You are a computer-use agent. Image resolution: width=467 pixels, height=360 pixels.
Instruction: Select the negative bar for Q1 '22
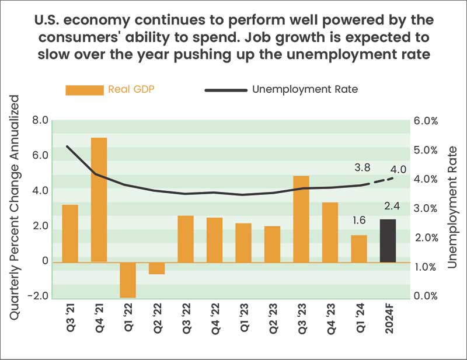tap(128, 280)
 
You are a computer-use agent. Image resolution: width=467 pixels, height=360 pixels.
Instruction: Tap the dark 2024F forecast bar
tap(388, 240)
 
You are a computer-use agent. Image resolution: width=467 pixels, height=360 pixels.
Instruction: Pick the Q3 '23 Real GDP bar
tap(301, 219)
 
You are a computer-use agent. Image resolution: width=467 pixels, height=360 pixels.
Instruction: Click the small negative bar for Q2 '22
tap(156, 268)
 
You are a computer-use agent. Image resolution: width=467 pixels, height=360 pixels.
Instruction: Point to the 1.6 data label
tap(359, 221)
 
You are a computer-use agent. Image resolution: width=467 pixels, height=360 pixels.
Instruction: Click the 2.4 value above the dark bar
tap(388, 205)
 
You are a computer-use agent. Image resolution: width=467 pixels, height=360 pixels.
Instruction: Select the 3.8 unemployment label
tap(363, 168)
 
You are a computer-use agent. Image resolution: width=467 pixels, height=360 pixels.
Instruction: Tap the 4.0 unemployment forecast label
tap(398, 170)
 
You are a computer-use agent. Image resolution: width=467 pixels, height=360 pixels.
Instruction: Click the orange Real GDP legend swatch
tap(84, 90)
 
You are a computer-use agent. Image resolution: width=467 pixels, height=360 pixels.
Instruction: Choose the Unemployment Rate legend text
tap(305, 90)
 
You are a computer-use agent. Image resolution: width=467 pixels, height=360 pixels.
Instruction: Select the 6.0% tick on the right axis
tap(426, 121)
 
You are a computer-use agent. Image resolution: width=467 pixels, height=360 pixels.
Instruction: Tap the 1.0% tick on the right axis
tap(426, 267)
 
